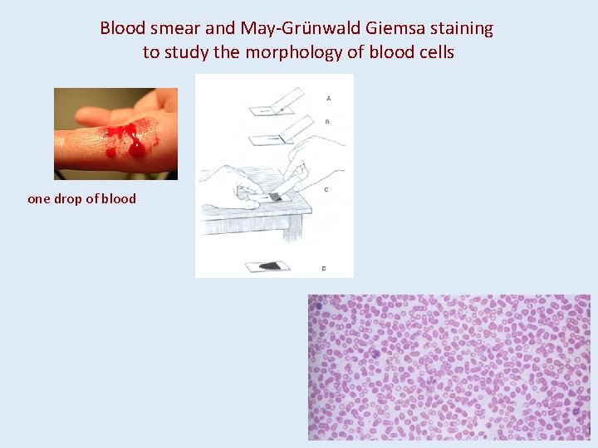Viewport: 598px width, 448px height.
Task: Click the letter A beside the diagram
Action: click(329, 98)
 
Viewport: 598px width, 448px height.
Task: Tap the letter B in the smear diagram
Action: click(328, 121)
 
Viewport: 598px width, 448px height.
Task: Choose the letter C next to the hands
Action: click(326, 189)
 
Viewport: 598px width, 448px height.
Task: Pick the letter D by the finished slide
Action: click(323, 267)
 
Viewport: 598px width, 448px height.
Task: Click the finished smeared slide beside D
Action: click(268, 265)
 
